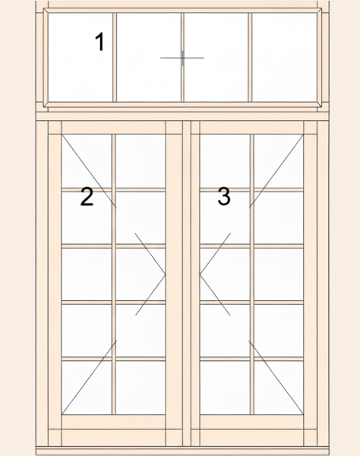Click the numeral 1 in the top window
(x=99, y=42)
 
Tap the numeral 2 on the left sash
(x=87, y=197)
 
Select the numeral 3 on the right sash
(x=224, y=196)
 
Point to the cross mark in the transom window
(x=182, y=58)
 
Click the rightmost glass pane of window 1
(x=284, y=57)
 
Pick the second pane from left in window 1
(x=149, y=57)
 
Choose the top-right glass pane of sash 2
(x=141, y=161)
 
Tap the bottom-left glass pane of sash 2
(x=87, y=388)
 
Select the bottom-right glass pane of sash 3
(x=279, y=388)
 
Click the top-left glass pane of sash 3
(x=225, y=161)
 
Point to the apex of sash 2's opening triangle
(x=166, y=274)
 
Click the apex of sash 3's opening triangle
(x=200, y=274)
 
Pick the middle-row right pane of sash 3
(x=279, y=274)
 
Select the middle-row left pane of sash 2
(x=87, y=274)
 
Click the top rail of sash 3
(x=251, y=128)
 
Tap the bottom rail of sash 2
(x=114, y=422)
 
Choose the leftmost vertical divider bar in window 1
(x=115, y=57)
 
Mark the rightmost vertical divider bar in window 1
(x=250, y=57)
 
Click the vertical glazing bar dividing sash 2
(x=114, y=274)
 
